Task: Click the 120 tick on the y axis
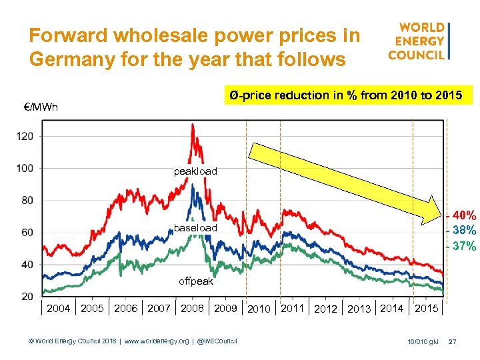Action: click(25, 136)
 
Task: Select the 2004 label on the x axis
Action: click(58, 309)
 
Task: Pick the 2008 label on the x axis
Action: click(192, 309)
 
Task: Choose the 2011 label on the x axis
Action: click(293, 309)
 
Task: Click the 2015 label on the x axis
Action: click(427, 309)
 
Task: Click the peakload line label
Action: click(195, 172)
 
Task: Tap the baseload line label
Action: click(195, 229)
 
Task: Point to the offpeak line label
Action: click(195, 281)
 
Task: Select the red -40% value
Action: click(461, 216)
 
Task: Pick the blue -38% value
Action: click(461, 231)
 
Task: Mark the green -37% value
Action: click(461, 246)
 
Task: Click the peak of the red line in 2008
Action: click(193, 125)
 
